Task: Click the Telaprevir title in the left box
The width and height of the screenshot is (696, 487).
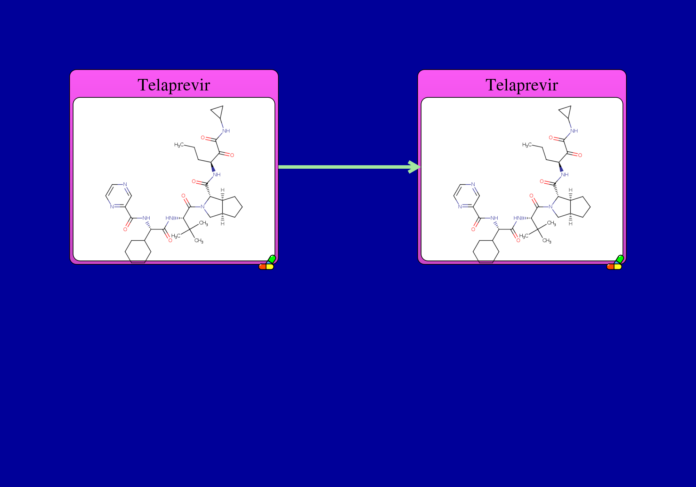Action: click(x=174, y=85)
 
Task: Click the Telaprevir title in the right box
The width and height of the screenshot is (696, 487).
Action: click(x=522, y=85)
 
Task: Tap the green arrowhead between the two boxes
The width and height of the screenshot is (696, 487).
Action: click(x=414, y=167)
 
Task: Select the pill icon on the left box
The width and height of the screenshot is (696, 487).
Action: click(x=267, y=263)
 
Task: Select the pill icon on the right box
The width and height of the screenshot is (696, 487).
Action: click(x=615, y=263)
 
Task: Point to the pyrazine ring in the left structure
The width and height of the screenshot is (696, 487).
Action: click(x=106, y=196)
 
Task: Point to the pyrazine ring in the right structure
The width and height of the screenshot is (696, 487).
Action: click(x=454, y=196)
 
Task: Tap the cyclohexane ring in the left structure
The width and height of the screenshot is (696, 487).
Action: click(x=125, y=252)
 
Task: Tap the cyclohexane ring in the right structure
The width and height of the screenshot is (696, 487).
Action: click(x=473, y=252)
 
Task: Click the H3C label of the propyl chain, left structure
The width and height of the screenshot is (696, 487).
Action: click(x=179, y=145)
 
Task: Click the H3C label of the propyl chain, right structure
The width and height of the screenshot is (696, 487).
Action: click(x=527, y=145)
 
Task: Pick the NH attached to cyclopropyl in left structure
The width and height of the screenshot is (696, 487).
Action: click(x=226, y=131)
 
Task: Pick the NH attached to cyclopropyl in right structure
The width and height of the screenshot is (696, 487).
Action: click(x=574, y=131)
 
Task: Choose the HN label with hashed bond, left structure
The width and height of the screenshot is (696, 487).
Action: click(x=169, y=218)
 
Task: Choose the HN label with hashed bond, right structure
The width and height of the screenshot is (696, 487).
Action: click(x=517, y=218)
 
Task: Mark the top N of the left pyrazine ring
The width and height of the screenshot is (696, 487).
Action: click(x=125, y=184)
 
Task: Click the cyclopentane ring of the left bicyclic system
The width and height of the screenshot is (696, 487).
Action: click(x=242, y=207)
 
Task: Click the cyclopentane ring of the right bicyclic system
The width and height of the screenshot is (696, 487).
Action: click(x=590, y=207)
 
